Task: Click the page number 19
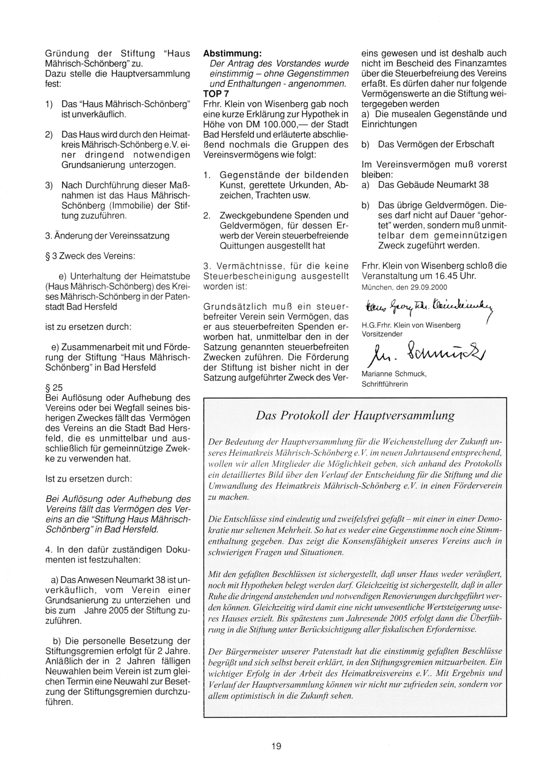(276, 746)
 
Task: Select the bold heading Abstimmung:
(233, 54)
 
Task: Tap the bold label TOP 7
(216, 94)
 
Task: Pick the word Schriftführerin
(385, 384)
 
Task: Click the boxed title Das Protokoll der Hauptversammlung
(355, 415)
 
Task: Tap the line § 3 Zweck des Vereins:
(90, 256)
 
